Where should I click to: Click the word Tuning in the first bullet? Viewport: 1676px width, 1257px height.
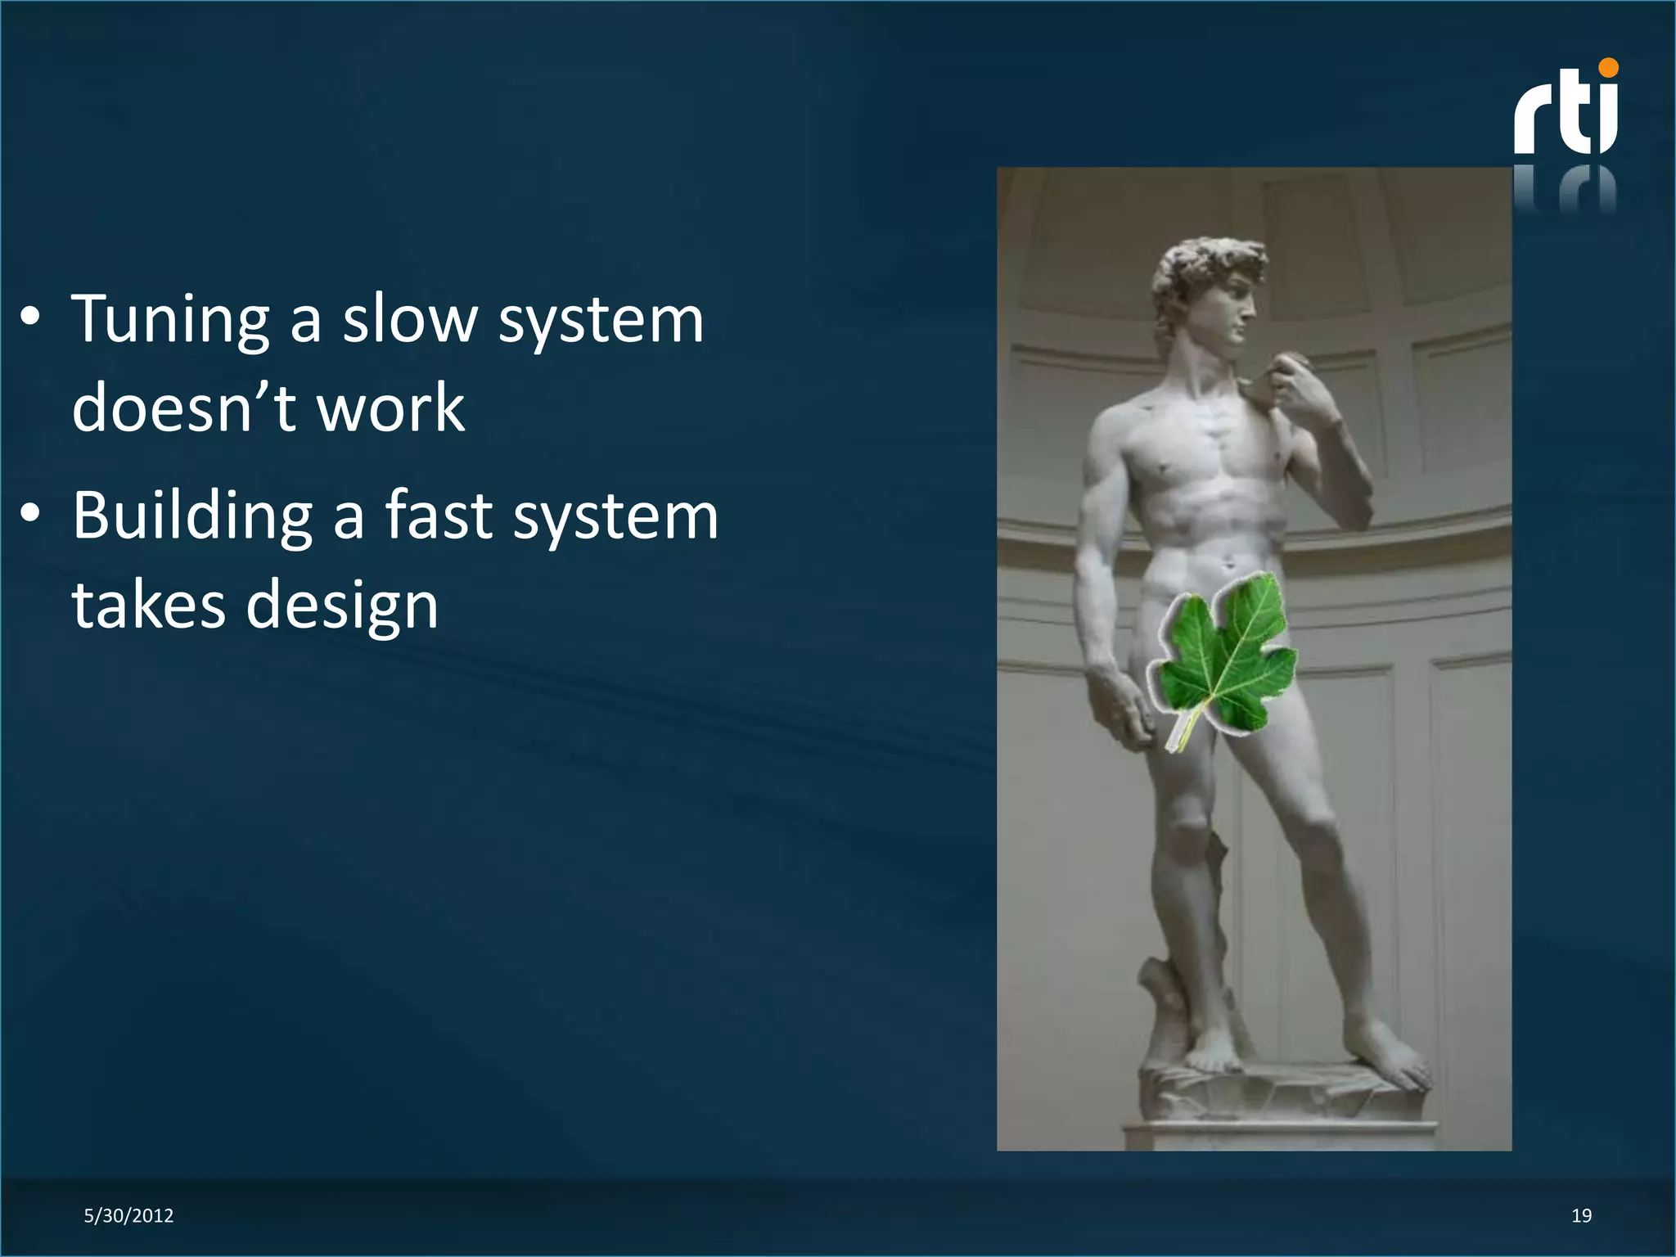tap(170, 321)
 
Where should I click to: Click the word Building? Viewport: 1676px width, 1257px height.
tap(192, 517)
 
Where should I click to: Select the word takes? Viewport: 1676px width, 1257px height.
tap(148, 606)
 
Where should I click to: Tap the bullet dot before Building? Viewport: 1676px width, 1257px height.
tap(30, 516)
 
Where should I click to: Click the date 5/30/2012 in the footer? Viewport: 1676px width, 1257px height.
tap(128, 1216)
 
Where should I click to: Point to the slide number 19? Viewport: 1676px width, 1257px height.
tap(1581, 1216)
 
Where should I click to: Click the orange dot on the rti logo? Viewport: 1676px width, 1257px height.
tap(1607, 68)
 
